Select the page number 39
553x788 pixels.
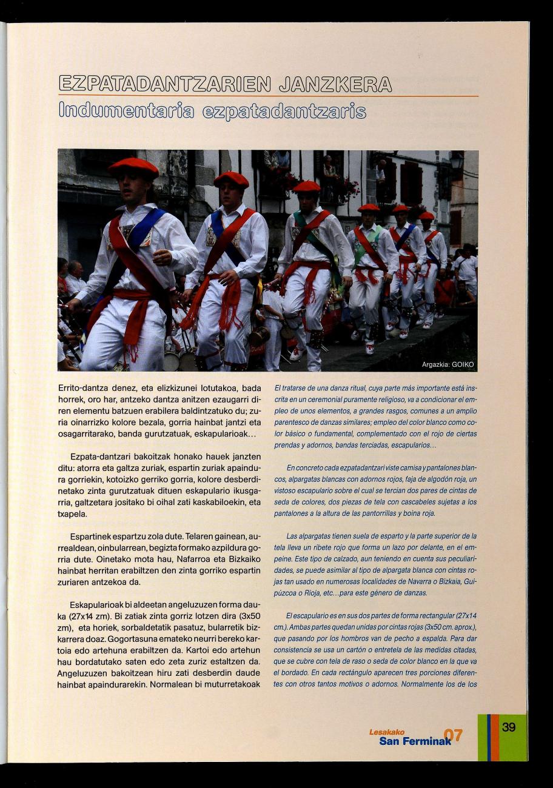[509, 727]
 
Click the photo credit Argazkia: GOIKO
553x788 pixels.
[448, 364]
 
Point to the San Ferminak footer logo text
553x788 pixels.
[415, 741]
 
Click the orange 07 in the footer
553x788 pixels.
[453, 735]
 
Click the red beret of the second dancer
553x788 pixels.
[231, 179]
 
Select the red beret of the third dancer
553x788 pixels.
[307, 186]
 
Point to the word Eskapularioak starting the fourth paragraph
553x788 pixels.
[99, 606]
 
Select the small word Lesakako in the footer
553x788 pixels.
[386, 732]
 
